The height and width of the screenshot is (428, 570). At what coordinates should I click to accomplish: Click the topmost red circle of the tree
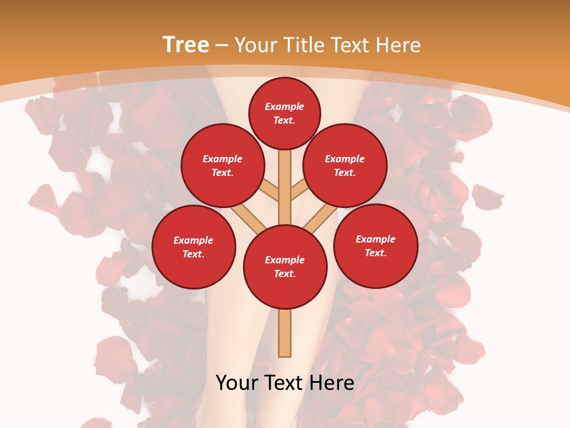coord(284,113)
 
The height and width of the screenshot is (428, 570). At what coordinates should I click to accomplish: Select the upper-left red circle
coord(222,166)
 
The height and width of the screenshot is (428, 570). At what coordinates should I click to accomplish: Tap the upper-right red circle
coord(345,166)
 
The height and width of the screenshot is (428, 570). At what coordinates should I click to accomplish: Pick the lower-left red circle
coord(194,247)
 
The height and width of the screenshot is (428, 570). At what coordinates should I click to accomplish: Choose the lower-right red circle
coord(376,246)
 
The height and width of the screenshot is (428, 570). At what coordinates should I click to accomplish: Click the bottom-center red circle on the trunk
coord(285,267)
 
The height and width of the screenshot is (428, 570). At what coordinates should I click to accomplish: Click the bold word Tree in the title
coord(186,45)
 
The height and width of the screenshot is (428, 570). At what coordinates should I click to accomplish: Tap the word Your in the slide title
coord(256,45)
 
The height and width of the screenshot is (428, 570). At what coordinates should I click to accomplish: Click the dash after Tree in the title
coord(221,45)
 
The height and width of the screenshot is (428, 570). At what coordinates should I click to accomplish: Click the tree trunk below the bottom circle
coord(285,333)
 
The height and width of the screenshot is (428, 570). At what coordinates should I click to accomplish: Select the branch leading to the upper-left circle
coord(268,190)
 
